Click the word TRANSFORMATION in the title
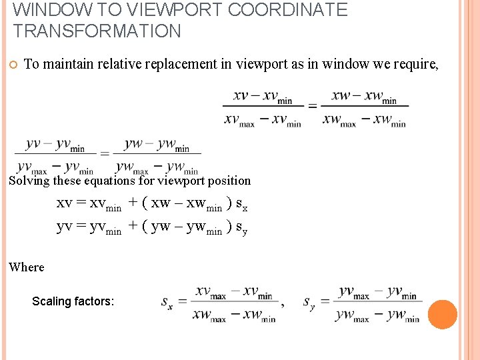coord(97,31)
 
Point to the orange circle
coord(442,314)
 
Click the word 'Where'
coord(27,267)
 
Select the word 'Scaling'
coord(51,301)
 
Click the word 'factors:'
coord(94,301)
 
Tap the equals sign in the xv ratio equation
coord(311,105)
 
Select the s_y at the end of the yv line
coord(243,227)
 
